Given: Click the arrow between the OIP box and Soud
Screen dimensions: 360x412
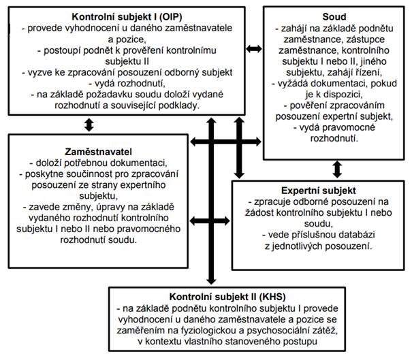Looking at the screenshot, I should coord(253,48).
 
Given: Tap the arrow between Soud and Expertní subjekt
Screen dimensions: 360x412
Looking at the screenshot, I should coord(336,168).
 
